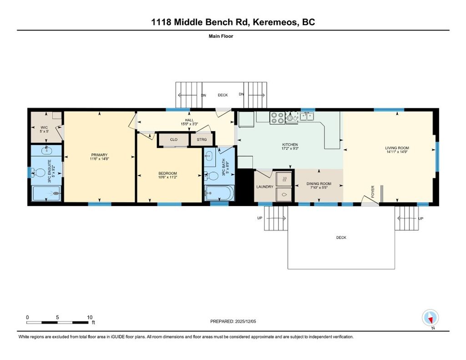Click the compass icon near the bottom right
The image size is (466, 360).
tap(430, 317)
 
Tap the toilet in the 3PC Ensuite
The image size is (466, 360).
tap(40, 172)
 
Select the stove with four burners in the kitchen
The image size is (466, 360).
tap(278, 117)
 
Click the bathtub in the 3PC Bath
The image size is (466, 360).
tap(219, 193)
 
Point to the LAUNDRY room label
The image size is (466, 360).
tap(264, 187)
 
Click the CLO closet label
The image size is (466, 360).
tap(173, 140)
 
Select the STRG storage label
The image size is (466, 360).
tap(201, 140)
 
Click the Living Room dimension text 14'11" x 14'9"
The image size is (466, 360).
tap(397, 152)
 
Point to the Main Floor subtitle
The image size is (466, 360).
tap(221, 36)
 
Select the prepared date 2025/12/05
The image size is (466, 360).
tap(245, 321)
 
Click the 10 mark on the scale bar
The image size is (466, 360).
tap(90, 317)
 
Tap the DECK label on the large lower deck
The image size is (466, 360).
tap(341, 238)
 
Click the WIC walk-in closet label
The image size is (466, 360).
tap(44, 127)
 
